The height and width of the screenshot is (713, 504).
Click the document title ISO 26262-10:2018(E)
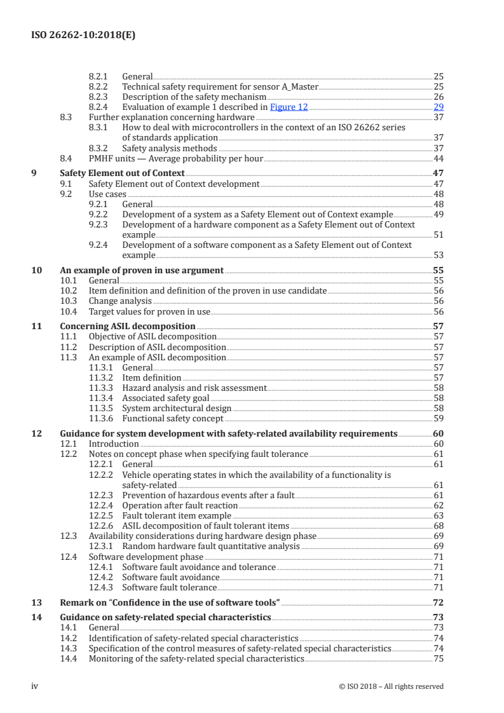[83, 36]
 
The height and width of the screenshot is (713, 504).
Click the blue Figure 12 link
[289, 107]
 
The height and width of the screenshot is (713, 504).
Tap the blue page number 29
[438, 107]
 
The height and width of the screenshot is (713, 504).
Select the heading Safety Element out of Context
[122, 173]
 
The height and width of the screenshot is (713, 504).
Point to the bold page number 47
[437, 173]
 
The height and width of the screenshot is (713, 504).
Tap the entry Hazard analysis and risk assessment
[194, 388]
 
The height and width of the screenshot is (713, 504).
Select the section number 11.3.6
[102, 418]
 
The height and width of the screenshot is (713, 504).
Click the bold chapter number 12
[37, 433]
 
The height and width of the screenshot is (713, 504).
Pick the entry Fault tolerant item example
[177, 515]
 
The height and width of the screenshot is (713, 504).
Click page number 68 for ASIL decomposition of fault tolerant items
[438, 526]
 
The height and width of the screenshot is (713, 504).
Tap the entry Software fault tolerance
[169, 587]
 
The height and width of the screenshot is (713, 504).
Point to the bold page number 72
[437, 602]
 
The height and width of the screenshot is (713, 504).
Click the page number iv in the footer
[36, 686]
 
